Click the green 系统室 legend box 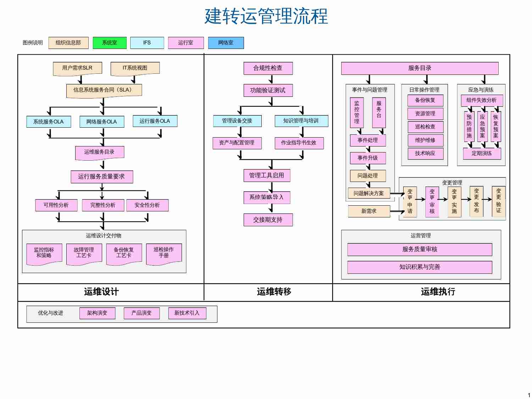pyautogui.click(x=110, y=43)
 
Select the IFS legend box pyautogui.click(x=147, y=43)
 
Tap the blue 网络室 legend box pyautogui.click(x=226, y=43)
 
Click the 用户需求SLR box pyautogui.click(x=77, y=68)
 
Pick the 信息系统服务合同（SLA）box pyautogui.click(x=104, y=90)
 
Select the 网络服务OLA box pyautogui.click(x=101, y=122)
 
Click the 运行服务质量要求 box pyautogui.click(x=101, y=177)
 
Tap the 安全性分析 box pyautogui.click(x=147, y=205)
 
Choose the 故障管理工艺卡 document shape pyautogui.click(x=84, y=253)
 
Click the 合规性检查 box pyautogui.click(x=268, y=68)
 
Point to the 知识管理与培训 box pyautogui.click(x=301, y=121)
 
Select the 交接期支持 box pyautogui.click(x=268, y=220)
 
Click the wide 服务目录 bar pyautogui.click(x=420, y=68)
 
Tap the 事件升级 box pyautogui.click(x=367, y=158)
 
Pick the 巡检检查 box pyautogui.click(x=425, y=127)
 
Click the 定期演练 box pyautogui.click(x=482, y=154)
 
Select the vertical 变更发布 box pyautogui.click(x=476, y=201)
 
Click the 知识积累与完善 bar pyautogui.click(x=420, y=267)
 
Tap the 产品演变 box pyautogui.click(x=142, y=313)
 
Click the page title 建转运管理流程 pyautogui.click(x=266, y=16)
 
